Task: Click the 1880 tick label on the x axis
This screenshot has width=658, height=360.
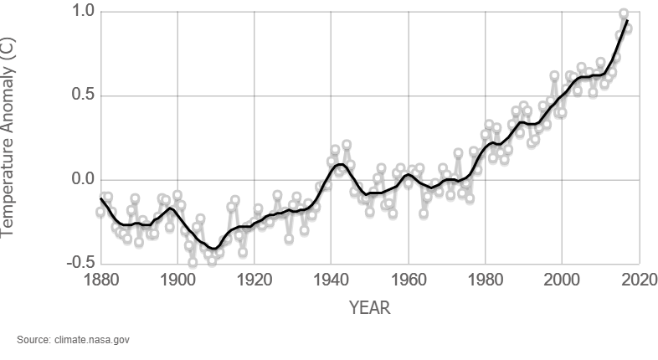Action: point(100,279)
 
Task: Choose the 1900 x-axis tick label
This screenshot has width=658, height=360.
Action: point(177,279)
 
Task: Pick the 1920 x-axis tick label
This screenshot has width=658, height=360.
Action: point(254,279)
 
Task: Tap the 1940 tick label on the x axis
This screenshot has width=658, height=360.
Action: point(332,279)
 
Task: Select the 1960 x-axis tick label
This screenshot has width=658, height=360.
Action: point(409,279)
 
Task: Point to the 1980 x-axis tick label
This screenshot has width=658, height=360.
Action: point(486,279)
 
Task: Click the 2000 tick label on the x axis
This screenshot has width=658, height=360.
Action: point(563,279)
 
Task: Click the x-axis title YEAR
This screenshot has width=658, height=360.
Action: point(369,308)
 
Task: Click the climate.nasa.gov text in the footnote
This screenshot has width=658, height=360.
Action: point(94,340)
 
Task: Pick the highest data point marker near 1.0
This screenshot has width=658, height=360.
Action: point(624,14)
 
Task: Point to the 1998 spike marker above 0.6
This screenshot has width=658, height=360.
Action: point(554,76)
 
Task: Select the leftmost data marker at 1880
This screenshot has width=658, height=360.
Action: point(100,212)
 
